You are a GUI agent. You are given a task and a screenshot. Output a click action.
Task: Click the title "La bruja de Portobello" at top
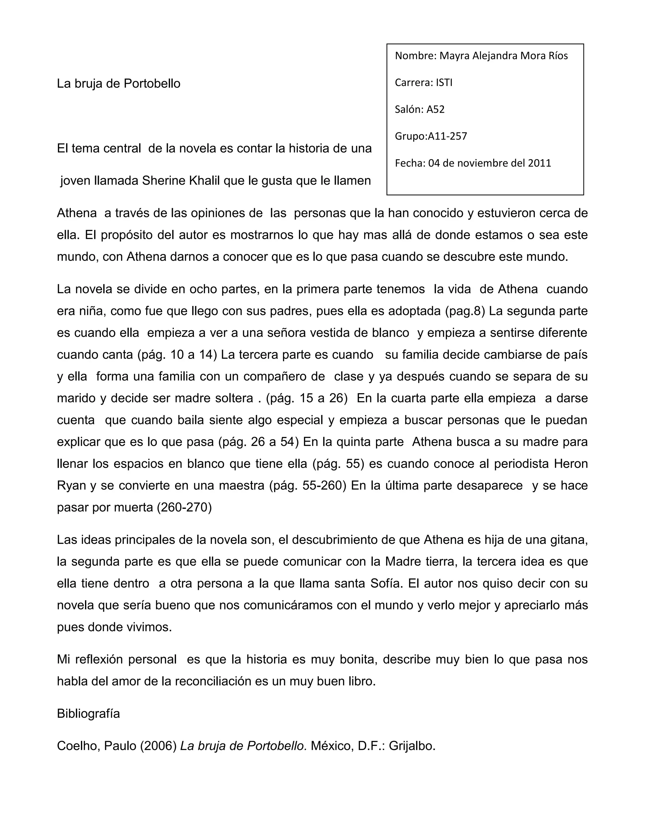coord(118,83)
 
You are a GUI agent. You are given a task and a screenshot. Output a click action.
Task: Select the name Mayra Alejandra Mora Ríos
coord(503,56)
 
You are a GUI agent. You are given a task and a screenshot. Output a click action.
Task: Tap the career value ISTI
coord(444,83)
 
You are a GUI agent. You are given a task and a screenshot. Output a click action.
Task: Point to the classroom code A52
coord(435,109)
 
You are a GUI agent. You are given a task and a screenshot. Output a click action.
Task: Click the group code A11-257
coord(447,136)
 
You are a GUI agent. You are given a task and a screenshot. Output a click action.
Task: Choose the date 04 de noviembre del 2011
coord(489,163)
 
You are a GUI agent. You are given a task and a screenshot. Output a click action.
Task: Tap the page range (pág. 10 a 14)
coord(177,354)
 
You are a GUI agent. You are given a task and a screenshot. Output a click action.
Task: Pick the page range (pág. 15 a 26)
coord(306,398)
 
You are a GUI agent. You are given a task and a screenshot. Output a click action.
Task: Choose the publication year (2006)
coord(158,746)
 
